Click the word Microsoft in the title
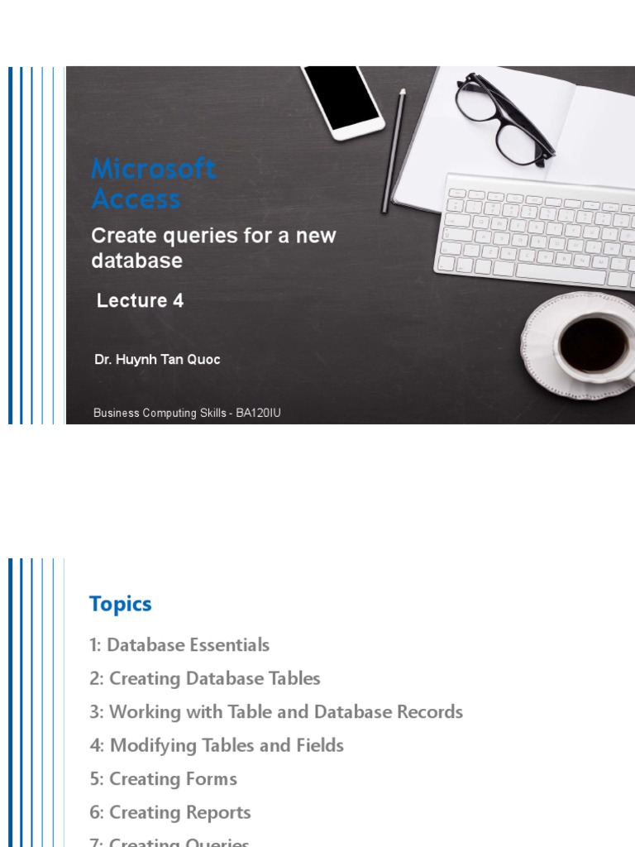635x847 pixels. (154, 170)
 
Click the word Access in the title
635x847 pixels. (136, 199)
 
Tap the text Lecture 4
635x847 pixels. (140, 301)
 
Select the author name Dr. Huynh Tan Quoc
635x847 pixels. (157, 360)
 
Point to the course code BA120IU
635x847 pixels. (258, 413)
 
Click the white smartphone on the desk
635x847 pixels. (341, 99)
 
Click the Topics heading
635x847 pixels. (121, 605)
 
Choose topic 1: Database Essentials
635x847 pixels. (179, 645)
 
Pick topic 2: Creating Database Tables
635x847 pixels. (204, 679)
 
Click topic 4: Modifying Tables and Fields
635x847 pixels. (217, 746)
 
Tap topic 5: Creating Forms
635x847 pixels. (163, 779)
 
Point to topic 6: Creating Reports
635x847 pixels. (169, 813)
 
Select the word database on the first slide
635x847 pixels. (136, 261)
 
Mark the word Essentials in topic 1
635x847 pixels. (228, 645)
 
